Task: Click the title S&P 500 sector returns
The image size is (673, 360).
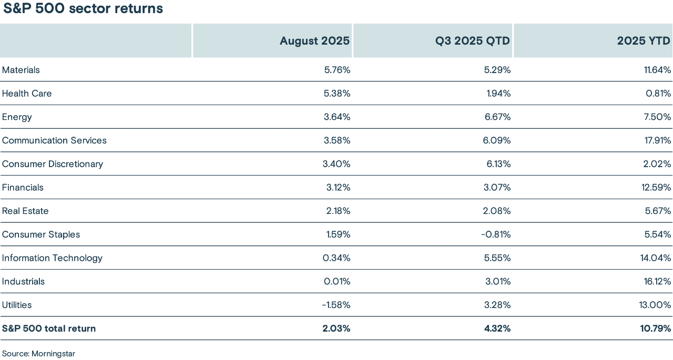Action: [x=83, y=9]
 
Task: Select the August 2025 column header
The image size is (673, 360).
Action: [x=314, y=41]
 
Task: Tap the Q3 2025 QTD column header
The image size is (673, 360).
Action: [x=472, y=41]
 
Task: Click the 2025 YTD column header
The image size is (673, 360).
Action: [x=644, y=41]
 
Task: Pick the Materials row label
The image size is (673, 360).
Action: [x=21, y=70]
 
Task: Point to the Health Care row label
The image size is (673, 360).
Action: [x=27, y=94]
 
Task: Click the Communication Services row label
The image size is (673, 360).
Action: [x=54, y=140]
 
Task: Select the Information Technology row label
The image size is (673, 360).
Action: [x=52, y=258]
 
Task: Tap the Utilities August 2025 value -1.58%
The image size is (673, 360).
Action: [x=336, y=305]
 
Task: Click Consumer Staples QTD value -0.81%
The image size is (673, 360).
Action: [x=495, y=234]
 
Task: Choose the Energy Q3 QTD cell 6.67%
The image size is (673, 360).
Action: [x=497, y=117]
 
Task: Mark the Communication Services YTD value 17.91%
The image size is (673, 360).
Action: [x=656, y=140]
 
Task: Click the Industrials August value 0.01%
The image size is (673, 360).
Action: [x=337, y=281]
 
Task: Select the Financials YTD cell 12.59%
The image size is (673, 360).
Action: [x=656, y=188]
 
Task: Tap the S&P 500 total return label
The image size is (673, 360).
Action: [x=49, y=328]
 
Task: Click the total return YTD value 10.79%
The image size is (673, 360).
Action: [x=655, y=328]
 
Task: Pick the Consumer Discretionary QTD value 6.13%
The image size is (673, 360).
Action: [x=497, y=164]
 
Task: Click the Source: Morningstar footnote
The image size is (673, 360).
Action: [x=38, y=354]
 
